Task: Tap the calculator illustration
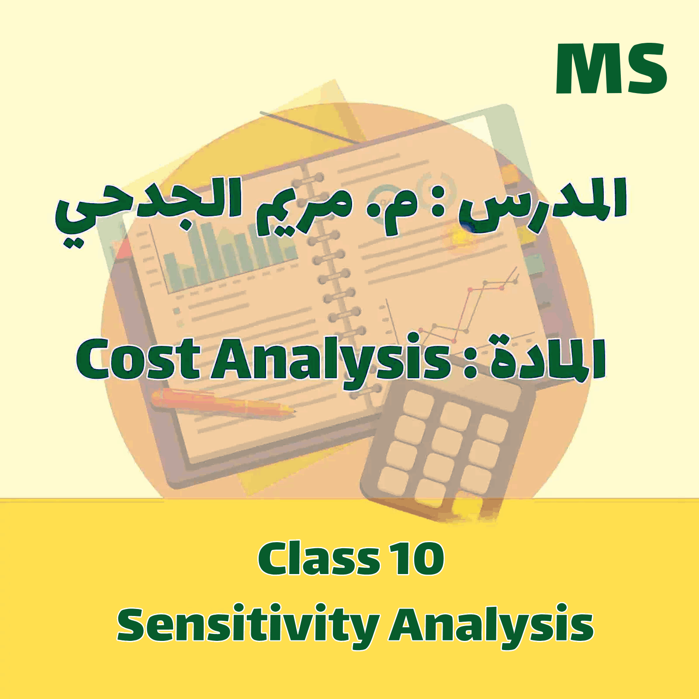[446, 450]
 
